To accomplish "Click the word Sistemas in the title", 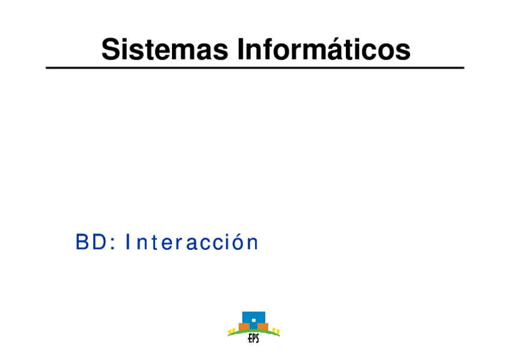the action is (165, 49).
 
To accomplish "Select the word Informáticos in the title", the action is (324, 49).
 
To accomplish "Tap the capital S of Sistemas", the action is (111, 49).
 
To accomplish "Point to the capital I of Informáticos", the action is (241, 49).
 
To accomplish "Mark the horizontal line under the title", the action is (255, 67).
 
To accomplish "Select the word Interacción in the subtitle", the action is (192, 242).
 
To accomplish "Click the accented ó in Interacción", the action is (238, 242).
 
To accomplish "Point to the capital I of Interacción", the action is (128, 242).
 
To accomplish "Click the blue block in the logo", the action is (254, 320).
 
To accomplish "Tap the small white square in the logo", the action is (254, 320).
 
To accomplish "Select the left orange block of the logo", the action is (244, 326).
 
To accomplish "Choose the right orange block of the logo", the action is (263, 326).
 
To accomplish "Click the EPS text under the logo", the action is (253, 338).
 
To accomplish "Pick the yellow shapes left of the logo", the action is (232, 331).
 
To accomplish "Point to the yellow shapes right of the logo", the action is (276, 331).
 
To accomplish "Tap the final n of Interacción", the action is (253, 245).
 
